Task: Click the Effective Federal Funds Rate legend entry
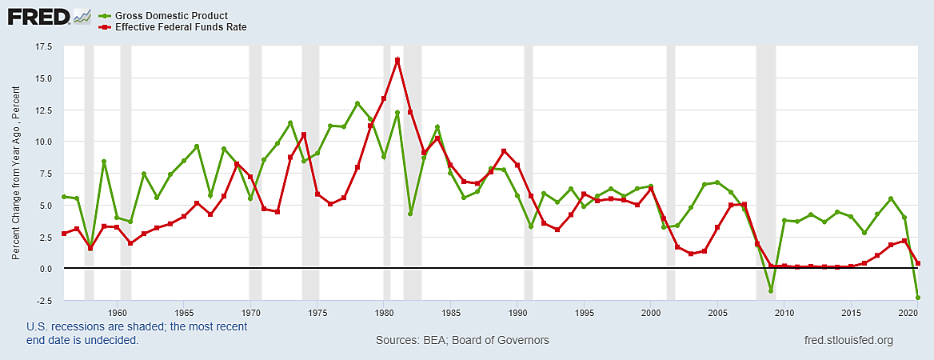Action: [179, 27]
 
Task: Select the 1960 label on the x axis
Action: [118, 312]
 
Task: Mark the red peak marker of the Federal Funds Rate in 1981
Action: [397, 60]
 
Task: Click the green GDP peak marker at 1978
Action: [357, 103]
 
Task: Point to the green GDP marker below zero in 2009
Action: [771, 290]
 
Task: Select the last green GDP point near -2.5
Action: [917, 298]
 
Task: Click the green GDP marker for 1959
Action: [104, 162]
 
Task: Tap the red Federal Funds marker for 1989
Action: [504, 151]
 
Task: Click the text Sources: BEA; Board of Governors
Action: [462, 340]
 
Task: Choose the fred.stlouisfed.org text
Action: [847, 340]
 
